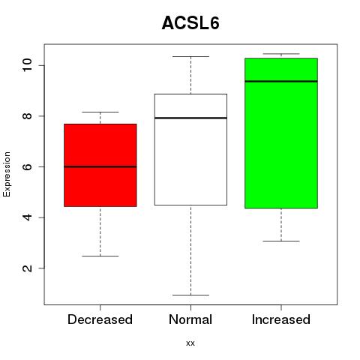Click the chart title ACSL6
(x=190, y=23)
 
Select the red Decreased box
(x=100, y=165)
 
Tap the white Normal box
(x=190, y=149)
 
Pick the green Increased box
(x=281, y=133)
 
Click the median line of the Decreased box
(x=100, y=166)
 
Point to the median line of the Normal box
(x=190, y=118)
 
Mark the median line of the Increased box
(x=281, y=81)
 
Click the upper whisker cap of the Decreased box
(x=100, y=112)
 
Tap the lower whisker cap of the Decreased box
(x=100, y=256)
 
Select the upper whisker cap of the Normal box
(x=190, y=56)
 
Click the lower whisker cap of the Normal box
(x=190, y=295)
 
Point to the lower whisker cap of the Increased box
(x=281, y=241)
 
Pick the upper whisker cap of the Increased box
(x=281, y=54)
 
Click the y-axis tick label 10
(x=27, y=65)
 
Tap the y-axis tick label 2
(x=27, y=268)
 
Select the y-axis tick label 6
(x=27, y=166)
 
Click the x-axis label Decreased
(x=100, y=319)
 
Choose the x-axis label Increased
(x=281, y=319)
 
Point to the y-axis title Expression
(x=7, y=174)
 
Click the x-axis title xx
(x=190, y=343)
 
